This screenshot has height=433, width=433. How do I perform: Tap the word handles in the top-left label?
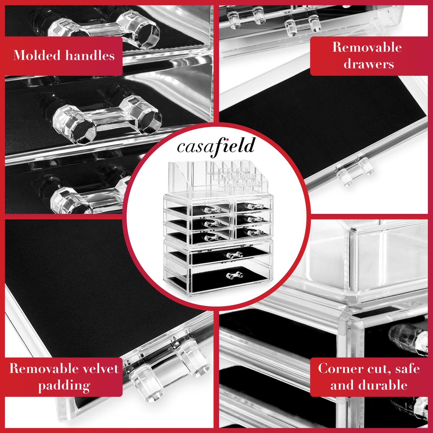(90, 55)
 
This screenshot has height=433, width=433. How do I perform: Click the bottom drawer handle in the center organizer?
(234, 275)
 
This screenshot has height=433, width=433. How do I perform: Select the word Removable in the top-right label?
(367, 47)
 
